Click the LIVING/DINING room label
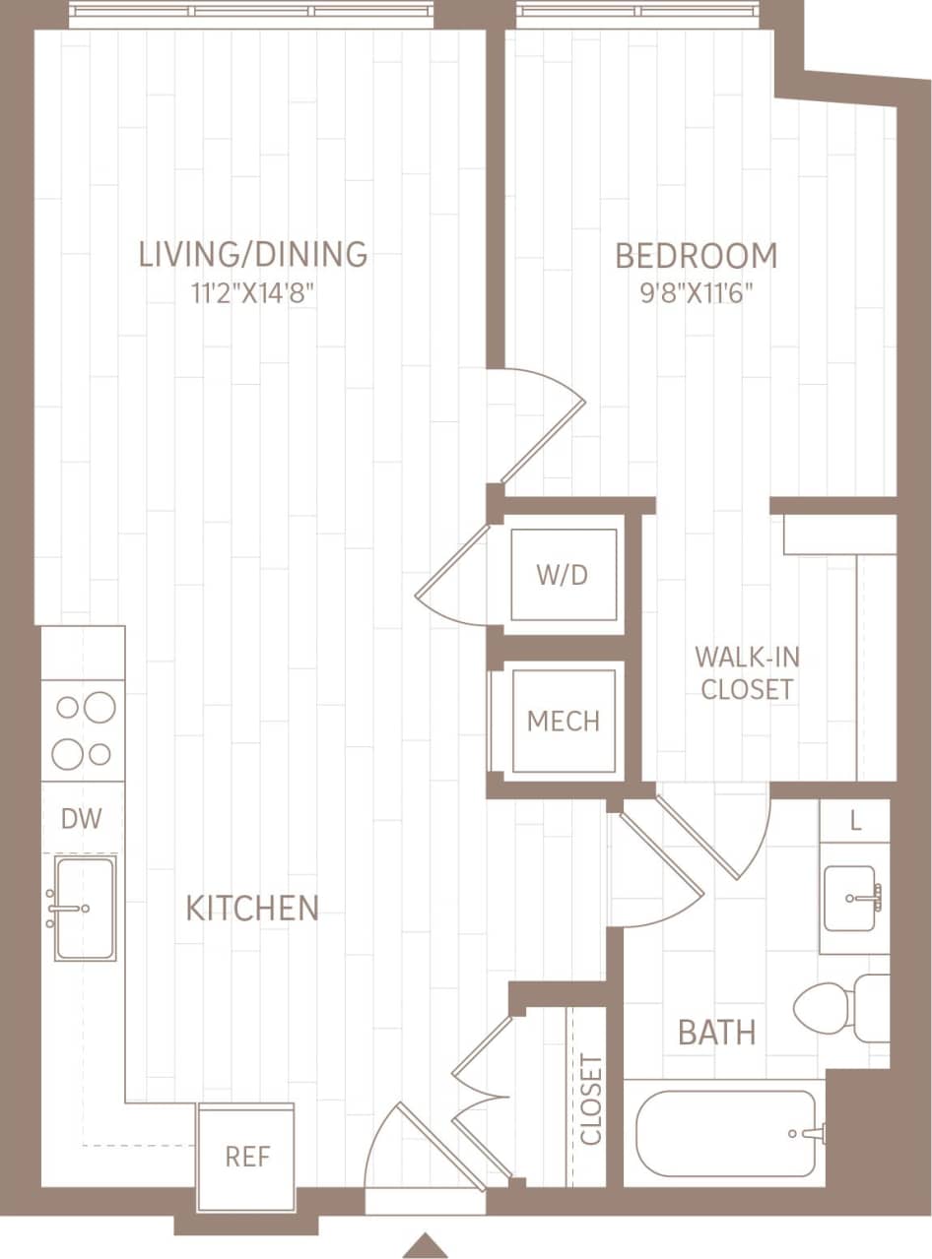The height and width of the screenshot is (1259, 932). coord(253,254)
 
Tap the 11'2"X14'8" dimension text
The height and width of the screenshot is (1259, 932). coord(253,294)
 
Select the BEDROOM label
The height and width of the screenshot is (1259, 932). coord(696,256)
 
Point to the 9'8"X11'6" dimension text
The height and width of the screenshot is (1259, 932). coord(696,294)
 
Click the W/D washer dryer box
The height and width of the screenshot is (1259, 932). coord(564,575)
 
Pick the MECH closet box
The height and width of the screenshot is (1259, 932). coord(564,720)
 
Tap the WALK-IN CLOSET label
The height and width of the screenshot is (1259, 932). coord(746,673)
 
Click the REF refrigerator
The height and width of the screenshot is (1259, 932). coord(247,1157)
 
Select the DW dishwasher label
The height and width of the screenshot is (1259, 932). coord(82,819)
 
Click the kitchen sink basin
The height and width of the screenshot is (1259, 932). coord(85,908)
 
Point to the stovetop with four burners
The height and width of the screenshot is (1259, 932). coord(84,730)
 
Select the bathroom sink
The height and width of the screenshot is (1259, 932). coord(851,898)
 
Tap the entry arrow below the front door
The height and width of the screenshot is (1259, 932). coord(426,1244)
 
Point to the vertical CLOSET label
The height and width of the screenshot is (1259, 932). coord(591,1101)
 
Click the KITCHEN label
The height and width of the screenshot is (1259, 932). coord(252,908)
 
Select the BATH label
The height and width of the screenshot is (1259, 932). coord(716,1033)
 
